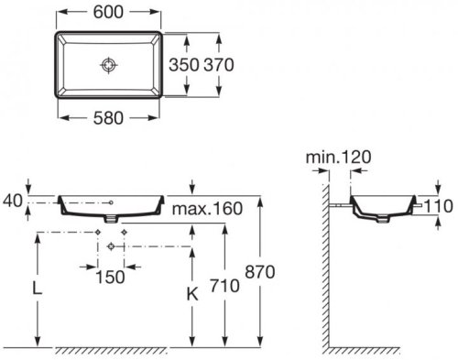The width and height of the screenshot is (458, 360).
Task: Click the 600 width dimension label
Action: coord(108,12)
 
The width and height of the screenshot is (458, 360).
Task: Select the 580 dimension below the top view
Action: coord(108,118)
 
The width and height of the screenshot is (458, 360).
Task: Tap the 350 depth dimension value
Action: coord(184,65)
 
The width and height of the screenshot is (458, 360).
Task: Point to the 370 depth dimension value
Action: coord(219,65)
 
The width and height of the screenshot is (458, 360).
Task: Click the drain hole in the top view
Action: coord(109,64)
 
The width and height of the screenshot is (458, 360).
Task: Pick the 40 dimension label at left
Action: coord(13,201)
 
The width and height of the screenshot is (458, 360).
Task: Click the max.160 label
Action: coord(207,209)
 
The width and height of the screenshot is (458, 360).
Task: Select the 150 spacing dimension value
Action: coord(110,277)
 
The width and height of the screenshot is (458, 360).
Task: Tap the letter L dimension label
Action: coord(38,288)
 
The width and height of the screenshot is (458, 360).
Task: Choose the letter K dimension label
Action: coord(192,294)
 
